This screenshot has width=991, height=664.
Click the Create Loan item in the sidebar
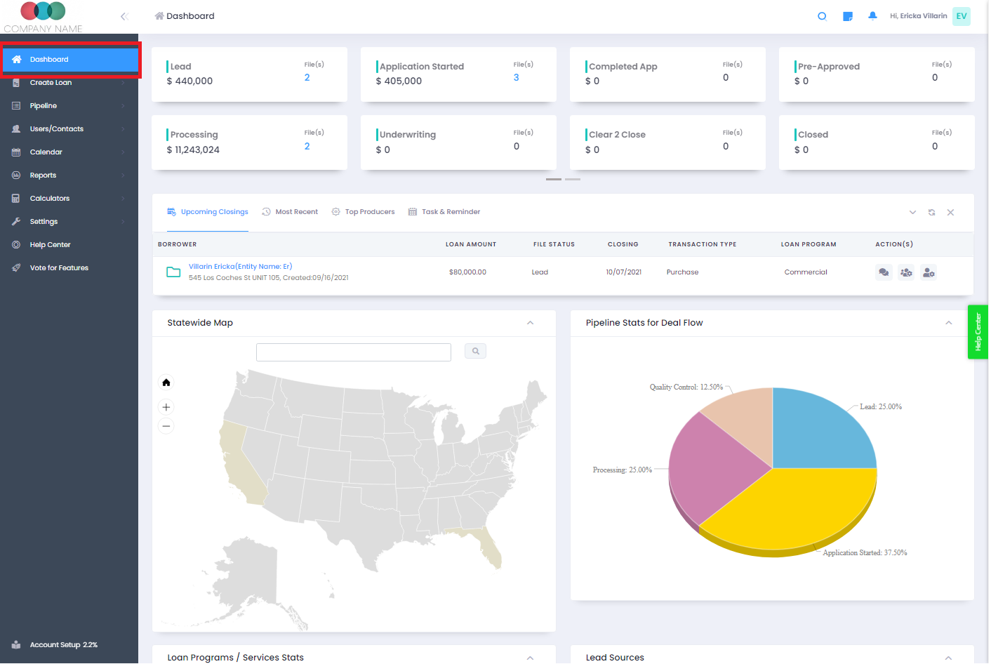pos(51,83)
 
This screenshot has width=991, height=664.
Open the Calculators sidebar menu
pos(50,199)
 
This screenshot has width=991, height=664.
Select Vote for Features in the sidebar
pos(59,268)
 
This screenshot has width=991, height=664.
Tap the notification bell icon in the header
pos(872,16)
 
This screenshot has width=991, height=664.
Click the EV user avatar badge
pos(961,16)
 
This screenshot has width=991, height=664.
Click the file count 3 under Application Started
pos(517,78)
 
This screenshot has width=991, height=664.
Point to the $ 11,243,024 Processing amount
pos(193,150)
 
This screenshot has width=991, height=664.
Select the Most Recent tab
pos(296,212)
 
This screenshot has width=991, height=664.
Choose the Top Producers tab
pos(369,212)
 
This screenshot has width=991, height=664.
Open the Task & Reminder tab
pos(451,212)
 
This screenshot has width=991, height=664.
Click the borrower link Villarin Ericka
pos(240,267)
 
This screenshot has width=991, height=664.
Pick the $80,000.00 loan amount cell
pos(467,272)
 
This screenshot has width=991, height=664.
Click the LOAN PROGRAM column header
pos(809,245)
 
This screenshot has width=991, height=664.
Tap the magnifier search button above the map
pos(475,351)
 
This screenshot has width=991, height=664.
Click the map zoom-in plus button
pos(166,407)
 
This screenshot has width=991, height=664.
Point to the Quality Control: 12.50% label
pos(686,387)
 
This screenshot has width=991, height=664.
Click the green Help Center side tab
pos(978,332)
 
